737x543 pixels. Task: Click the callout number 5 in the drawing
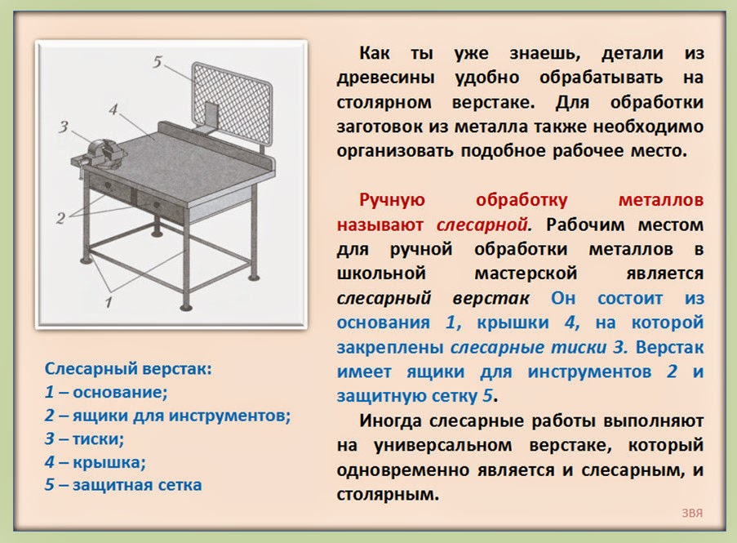point(158,60)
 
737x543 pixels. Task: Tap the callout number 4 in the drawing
point(113,109)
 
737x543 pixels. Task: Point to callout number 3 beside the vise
point(63,126)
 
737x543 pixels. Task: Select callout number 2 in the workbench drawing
point(60,218)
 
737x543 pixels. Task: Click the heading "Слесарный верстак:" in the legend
point(128,368)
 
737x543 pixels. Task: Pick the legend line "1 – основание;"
point(106,392)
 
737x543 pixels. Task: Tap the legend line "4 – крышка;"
point(95,462)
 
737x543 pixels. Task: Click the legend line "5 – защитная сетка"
point(123,485)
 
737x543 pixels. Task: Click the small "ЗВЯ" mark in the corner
point(693,514)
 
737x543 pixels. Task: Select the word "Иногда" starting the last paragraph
point(390,421)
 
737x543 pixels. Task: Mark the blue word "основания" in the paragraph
point(384,322)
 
